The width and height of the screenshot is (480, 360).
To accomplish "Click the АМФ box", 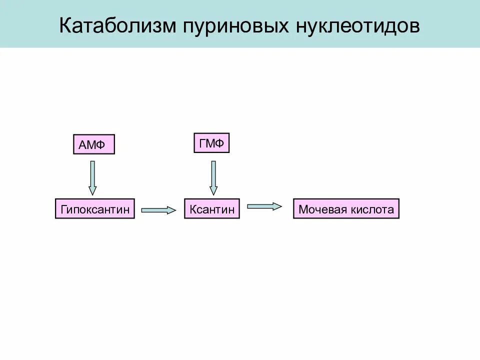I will [93, 144].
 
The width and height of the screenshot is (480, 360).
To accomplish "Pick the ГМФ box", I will [211, 143].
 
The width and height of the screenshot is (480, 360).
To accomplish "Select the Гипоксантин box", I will [95, 209].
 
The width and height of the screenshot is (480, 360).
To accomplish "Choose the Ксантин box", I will [212, 209].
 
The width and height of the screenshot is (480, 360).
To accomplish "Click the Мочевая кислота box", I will [346, 209].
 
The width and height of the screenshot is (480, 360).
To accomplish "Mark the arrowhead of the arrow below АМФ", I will [92, 190].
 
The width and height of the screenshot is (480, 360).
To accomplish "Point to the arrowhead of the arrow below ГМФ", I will [213, 190].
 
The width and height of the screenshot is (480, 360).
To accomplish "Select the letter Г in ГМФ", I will [202, 143].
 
